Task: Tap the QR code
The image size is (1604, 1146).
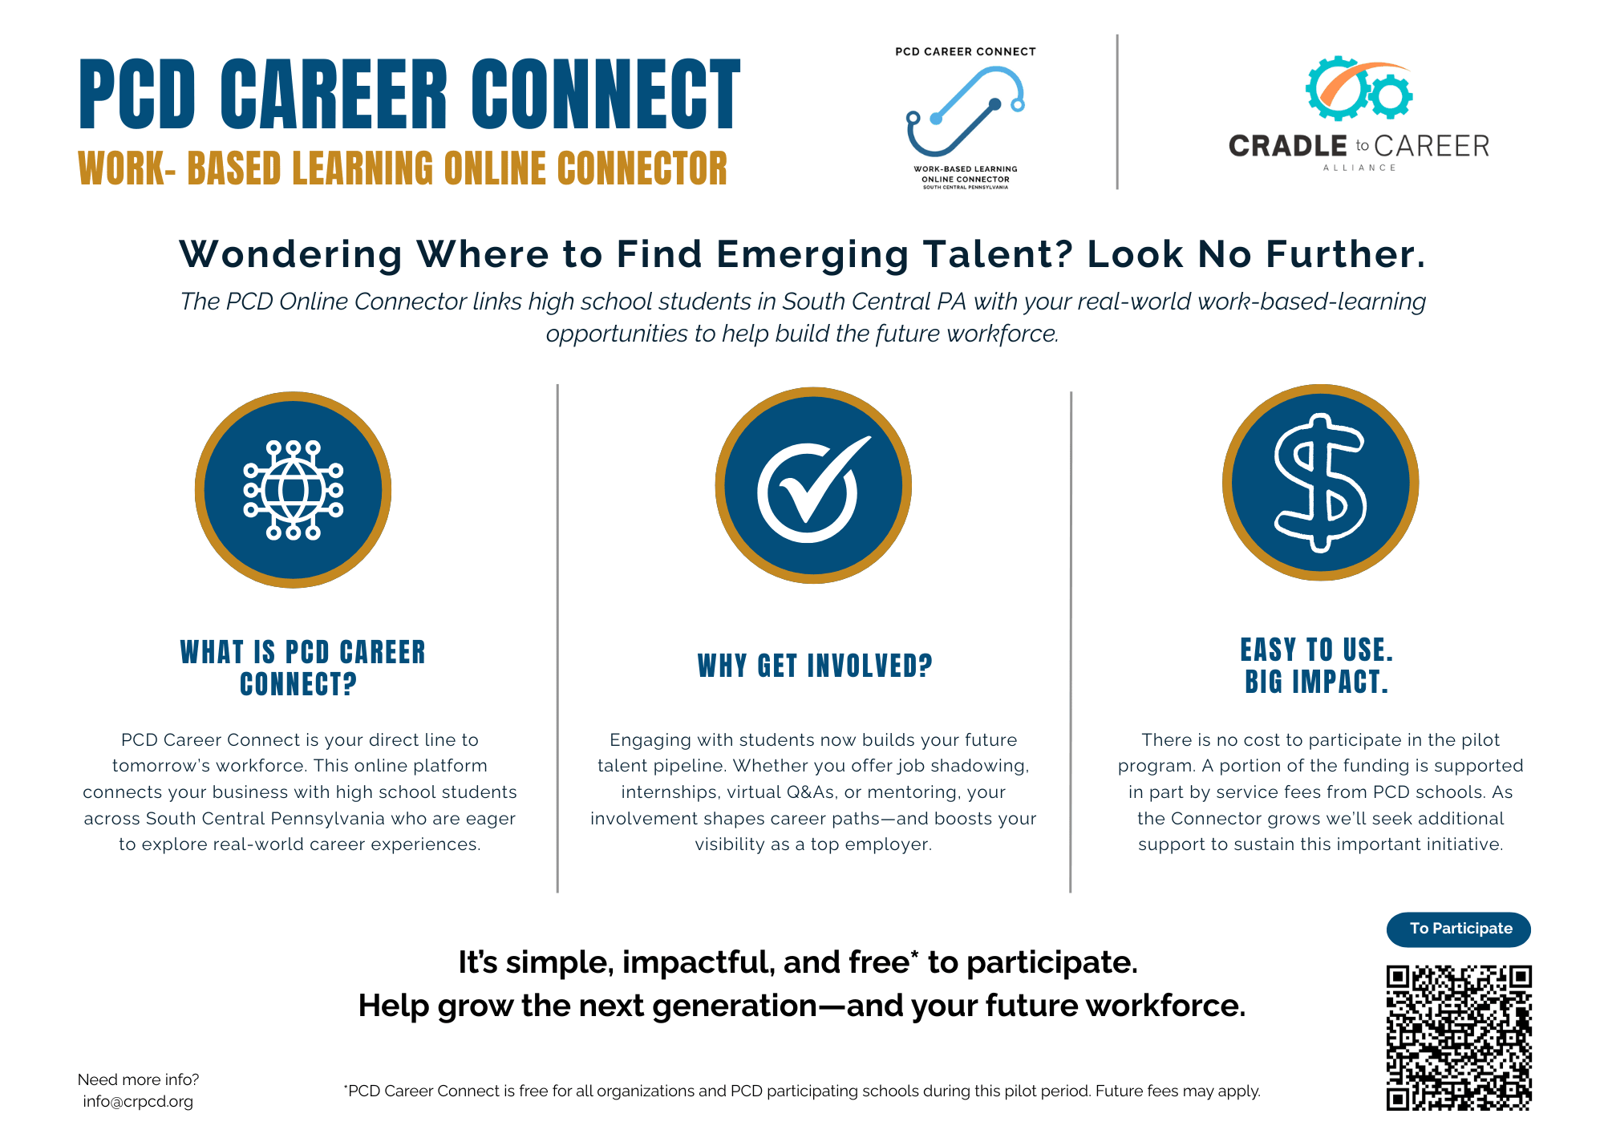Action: (x=1459, y=1038)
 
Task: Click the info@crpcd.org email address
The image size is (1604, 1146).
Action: (x=138, y=1102)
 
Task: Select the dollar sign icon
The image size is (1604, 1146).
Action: (x=1320, y=483)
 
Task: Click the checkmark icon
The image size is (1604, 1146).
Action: (x=812, y=486)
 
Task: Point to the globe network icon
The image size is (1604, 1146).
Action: (x=294, y=490)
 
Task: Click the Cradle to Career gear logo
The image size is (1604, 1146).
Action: (x=1359, y=89)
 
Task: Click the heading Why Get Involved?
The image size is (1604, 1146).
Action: (x=815, y=666)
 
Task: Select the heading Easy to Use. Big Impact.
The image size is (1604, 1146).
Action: (x=1317, y=666)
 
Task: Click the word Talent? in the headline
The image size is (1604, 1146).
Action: (x=998, y=255)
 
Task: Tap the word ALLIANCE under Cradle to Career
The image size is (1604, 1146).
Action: (x=1359, y=168)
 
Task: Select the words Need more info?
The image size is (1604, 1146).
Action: (x=138, y=1079)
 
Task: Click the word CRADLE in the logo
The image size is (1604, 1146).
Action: (x=1288, y=146)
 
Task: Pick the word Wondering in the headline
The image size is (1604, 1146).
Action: (x=290, y=255)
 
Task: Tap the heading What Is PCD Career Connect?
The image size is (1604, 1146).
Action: (x=302, y=668)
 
